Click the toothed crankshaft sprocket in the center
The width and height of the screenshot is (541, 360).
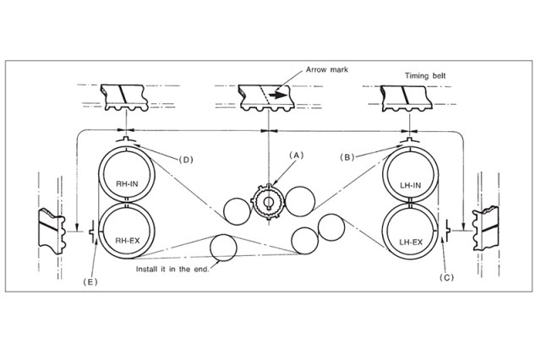pyautogui.click(x=268, y=202)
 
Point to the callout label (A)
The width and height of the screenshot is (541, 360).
pyautogui.click(x=295, y=155)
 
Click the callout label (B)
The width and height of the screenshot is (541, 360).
pyautogui.click(x=347, y=156)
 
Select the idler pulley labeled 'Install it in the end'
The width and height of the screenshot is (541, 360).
pyautogui.click(x=224, y=248)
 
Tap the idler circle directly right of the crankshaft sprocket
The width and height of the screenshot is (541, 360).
pyautogui.click(x=299, y=199)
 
